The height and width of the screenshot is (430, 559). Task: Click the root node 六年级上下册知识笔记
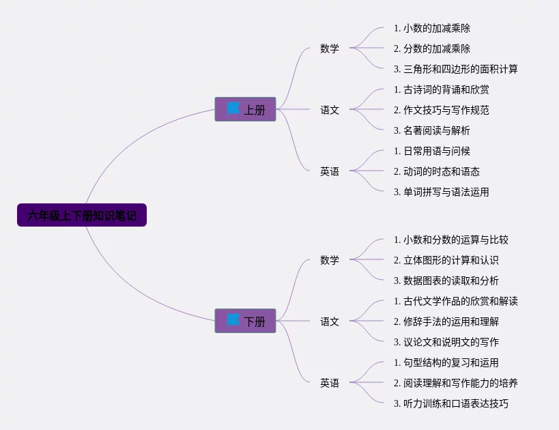pos(82,215)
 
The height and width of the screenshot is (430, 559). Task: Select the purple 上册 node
pos(245,109)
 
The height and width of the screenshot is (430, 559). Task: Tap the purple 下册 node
pos(245,321)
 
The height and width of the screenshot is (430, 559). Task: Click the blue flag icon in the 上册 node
pos(233,109)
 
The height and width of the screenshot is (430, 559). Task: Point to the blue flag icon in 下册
pos(233,320)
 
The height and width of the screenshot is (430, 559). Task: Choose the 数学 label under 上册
pos(330,48)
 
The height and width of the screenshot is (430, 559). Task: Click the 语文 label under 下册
pos(330,321)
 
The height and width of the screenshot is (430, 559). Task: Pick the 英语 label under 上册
pos(330,171)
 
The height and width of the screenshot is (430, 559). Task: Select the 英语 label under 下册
pos(330,383)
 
